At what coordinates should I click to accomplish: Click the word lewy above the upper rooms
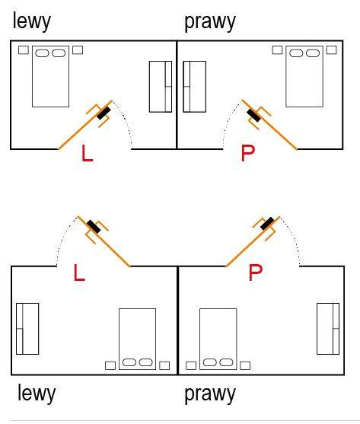32,22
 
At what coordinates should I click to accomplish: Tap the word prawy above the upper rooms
210,23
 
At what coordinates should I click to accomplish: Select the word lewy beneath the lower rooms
37,394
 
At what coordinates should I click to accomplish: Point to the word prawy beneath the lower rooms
210,395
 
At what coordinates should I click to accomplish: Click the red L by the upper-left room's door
87,153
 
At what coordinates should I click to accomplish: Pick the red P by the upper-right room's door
248,153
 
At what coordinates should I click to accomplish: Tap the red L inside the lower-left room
79,273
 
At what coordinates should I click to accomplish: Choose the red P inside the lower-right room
256,273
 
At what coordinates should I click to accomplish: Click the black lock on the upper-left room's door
104,113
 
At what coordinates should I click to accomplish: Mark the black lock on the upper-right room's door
253,115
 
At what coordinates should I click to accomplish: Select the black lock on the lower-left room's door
94,227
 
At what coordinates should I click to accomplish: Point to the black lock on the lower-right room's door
267,223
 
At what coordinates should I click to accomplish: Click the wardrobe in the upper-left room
161,87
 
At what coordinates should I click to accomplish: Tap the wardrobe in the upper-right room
195,87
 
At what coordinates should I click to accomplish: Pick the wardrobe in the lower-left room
27,329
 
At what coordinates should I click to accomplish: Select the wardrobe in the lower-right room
328,329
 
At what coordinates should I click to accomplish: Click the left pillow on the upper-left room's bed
42,53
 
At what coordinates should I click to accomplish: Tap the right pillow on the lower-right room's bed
227,362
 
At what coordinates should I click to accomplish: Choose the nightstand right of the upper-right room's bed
331,50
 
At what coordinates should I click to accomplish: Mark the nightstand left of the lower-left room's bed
110,365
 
